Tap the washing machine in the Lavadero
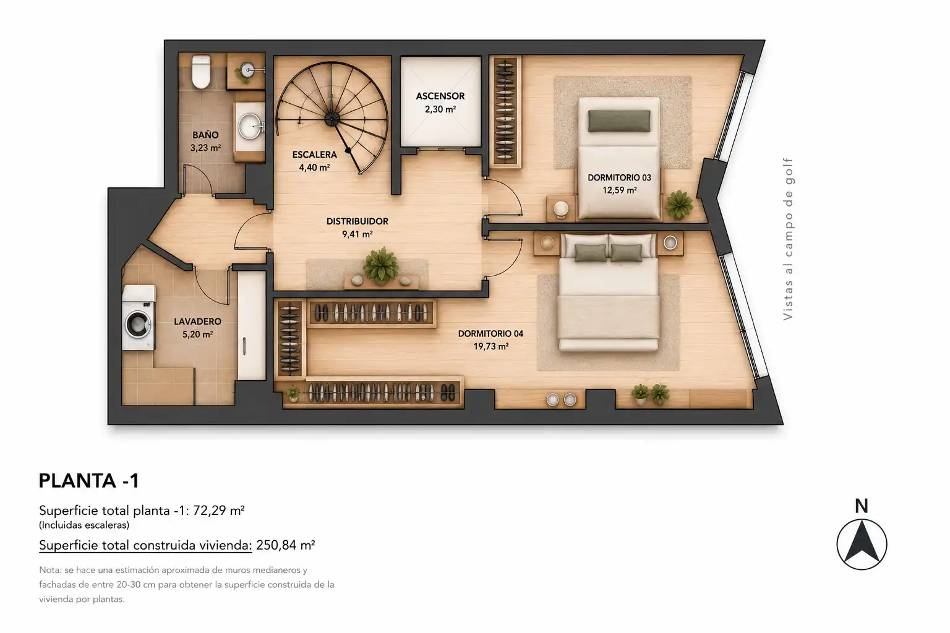pyautogui.click(x=139, y=318)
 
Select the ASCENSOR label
pyautogui.click(x=440, y=96)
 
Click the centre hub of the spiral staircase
pyautogui.click(x=332, y=119)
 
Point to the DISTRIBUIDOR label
pyautogui.click(x=357, y=221)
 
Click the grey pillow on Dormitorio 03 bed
pyautogui.click(x=619, y=121)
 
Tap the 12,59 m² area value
pyautogui.click(x=620, y=190)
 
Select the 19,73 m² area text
pyautogui.click(x=490, y=346)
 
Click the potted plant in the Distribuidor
pyautogui.click(x=381, y=266)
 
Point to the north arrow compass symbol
pyautogui.click(x=862, y=545)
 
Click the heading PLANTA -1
pyautogui.click(x=88, y=481)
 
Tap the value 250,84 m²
pyautogui.click(x=285, y=545)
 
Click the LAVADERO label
pyautogui.click(x=197, y=321)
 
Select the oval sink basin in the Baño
pyautogui.click(x=250, y=126)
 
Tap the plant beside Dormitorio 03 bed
pyautogui.click(x=679, y=205)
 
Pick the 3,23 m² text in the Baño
pyautogui.click(x=205, y=148)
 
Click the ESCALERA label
pyautogui.click(x=314, y=155)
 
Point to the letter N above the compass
pyautogui.click(x=862, y=506)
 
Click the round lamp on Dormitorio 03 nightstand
pyautogui.click(x=561, y=208)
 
